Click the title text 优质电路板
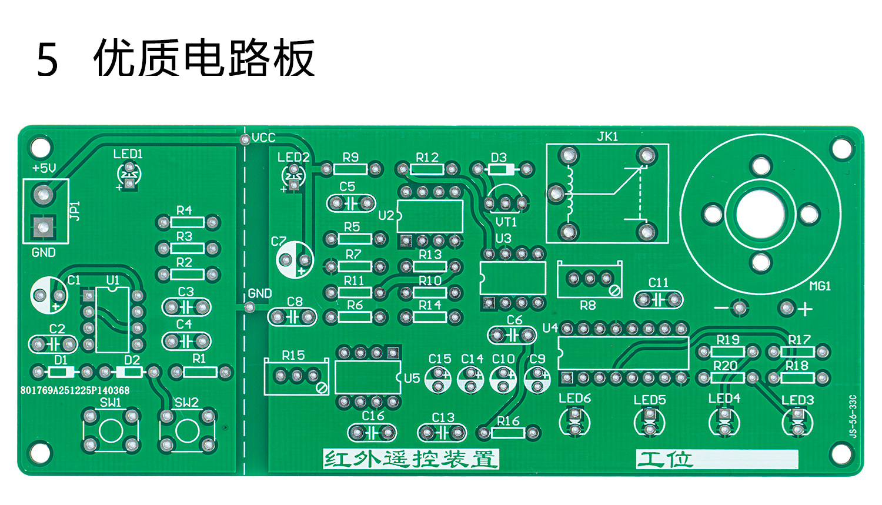point(204,58)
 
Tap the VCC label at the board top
point(263,138)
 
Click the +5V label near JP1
point(44,168)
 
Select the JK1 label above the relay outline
point(607,137)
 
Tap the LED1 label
point(128,154)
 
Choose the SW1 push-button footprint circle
point(111,430)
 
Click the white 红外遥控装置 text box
point(410,459)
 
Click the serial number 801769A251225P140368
point(75,390)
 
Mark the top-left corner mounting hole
point(40,147)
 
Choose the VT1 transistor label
point(506,222)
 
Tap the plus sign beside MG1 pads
point(804,308)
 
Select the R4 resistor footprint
point(188,222)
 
